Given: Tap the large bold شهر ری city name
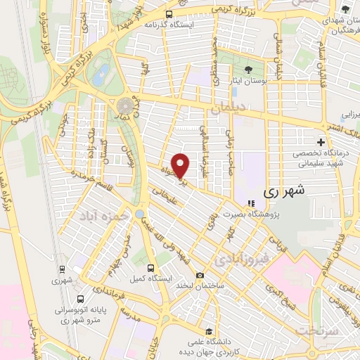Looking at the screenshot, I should point(281,191).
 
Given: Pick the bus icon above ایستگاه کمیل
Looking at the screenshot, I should point(151,268).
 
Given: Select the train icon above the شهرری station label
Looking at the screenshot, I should point(62,269).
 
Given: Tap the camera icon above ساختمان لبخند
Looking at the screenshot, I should point(200,274).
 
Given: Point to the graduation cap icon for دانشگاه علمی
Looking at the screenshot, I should point(207,331).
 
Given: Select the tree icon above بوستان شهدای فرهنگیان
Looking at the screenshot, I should point(345,9).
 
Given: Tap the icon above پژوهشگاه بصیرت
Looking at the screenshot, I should point(251,203).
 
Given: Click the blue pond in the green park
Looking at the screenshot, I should point(103,72).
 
